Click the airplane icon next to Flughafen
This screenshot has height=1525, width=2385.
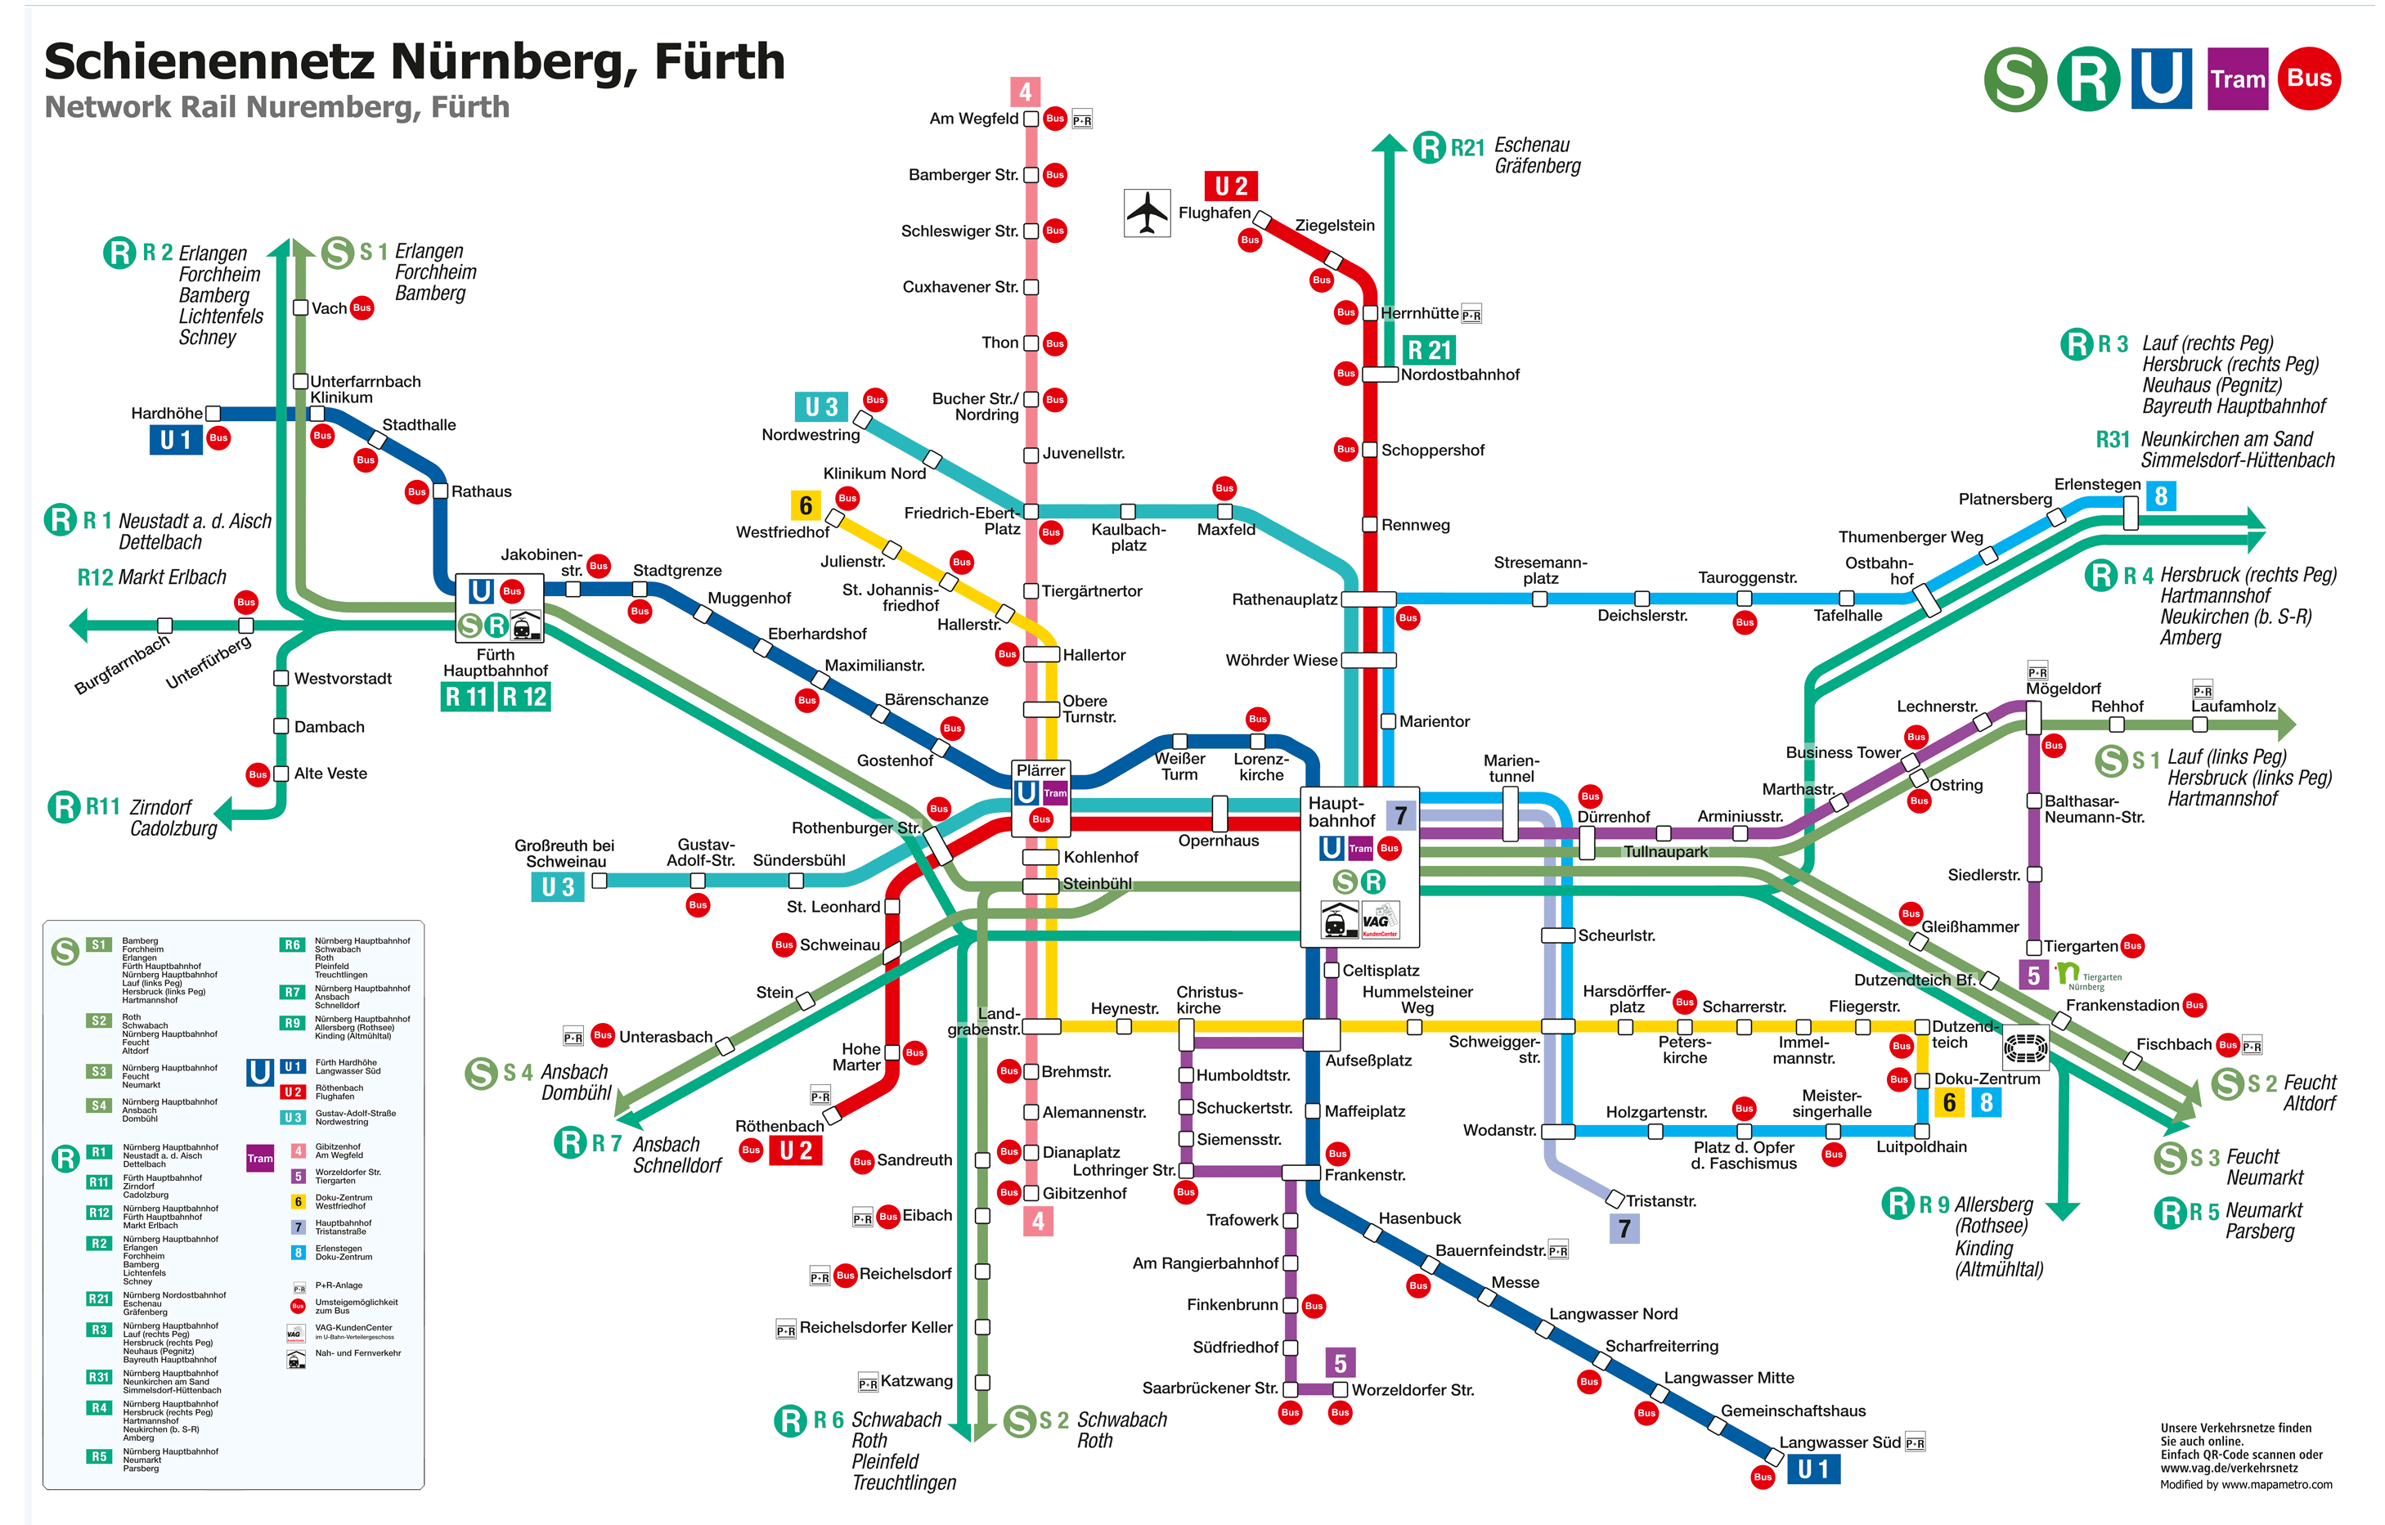(x=1147, y=212)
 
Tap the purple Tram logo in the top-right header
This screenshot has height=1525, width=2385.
(x=2238, y=79)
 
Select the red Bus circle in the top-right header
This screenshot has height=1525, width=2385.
(x=2309, y=78)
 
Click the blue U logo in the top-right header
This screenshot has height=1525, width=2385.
(x=2161, y=78)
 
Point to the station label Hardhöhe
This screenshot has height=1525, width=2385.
(x=166, y=413)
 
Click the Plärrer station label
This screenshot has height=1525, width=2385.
(x=1040, y=770)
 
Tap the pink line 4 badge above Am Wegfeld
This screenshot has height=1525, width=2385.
(x=1025, y=92)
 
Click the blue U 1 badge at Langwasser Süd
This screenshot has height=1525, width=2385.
(x=1812, y=1469)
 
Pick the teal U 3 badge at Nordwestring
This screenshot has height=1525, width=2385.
(x=821, y=407)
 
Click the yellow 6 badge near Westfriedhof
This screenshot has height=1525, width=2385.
(x=806, y=506)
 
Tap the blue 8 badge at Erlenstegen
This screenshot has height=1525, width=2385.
(x=2160, y=496)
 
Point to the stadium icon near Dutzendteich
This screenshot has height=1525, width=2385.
(x=2024, y=1046)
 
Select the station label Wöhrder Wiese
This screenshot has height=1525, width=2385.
(x=1281, y=661)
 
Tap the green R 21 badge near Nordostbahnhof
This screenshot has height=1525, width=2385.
(x=1429, y=351)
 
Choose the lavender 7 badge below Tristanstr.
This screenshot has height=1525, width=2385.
(x=1624, y=1229)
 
